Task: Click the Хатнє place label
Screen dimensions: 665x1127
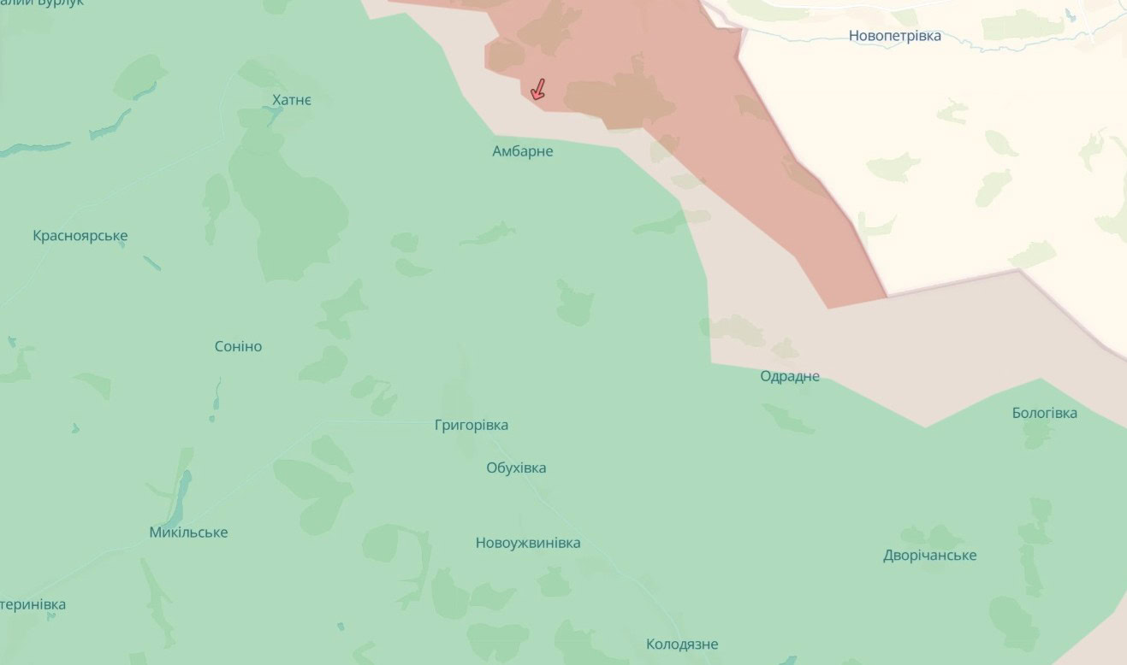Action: pos(292,101)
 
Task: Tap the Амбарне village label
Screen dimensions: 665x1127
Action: pos(522,151)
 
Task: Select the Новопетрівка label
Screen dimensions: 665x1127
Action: pos(894,36)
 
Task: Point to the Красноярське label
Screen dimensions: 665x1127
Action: pos(80,236)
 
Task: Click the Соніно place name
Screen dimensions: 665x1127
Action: pos(238,346)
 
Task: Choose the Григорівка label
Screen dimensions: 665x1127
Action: pos(471,425)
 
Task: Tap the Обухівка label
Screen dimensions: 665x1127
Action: pos(516,468)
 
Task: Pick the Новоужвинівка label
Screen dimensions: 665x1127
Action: pos(528,543)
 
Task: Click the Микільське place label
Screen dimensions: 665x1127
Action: pos(188,533)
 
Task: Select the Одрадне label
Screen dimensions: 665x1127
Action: pos(790,376)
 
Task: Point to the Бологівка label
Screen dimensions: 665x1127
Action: pos(1044,413)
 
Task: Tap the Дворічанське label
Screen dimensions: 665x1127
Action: pos(929,556)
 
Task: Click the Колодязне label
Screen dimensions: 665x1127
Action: pos(682,644)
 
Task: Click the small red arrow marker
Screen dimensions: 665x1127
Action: pos(537,90)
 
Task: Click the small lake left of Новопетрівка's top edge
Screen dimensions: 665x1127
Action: pos(1071,15)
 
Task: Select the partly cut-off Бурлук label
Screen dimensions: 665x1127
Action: pos(43,3)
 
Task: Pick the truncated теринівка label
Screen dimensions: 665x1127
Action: pos(33,604)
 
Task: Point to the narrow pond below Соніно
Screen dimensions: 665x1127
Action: pos(215,400)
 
